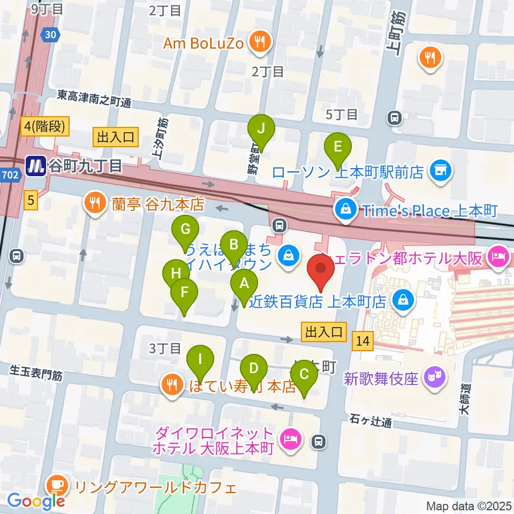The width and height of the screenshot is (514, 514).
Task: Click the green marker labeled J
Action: pyautogui.click(x=261, y=129)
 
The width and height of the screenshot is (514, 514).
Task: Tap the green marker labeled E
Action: pyautogui.click(x=337, y=146)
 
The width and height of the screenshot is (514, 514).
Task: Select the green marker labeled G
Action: pyautogui.click(x=185, y=230)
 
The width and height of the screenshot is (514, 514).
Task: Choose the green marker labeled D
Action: pyautogui.click(x=254, y=368)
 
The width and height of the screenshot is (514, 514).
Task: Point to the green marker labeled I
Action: pyautogui.click(x=200, y=360)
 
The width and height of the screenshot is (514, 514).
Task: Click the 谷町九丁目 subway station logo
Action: pyautogui.click(x=36, y=167)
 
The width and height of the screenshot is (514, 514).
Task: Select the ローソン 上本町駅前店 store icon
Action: pyautogui.click(x=442, y=172)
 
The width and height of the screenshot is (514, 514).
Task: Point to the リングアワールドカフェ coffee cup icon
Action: pyautogui.click(x=56, y=487)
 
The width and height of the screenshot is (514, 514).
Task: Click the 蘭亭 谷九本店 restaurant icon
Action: pyautogui.click(x=94, y=204)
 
